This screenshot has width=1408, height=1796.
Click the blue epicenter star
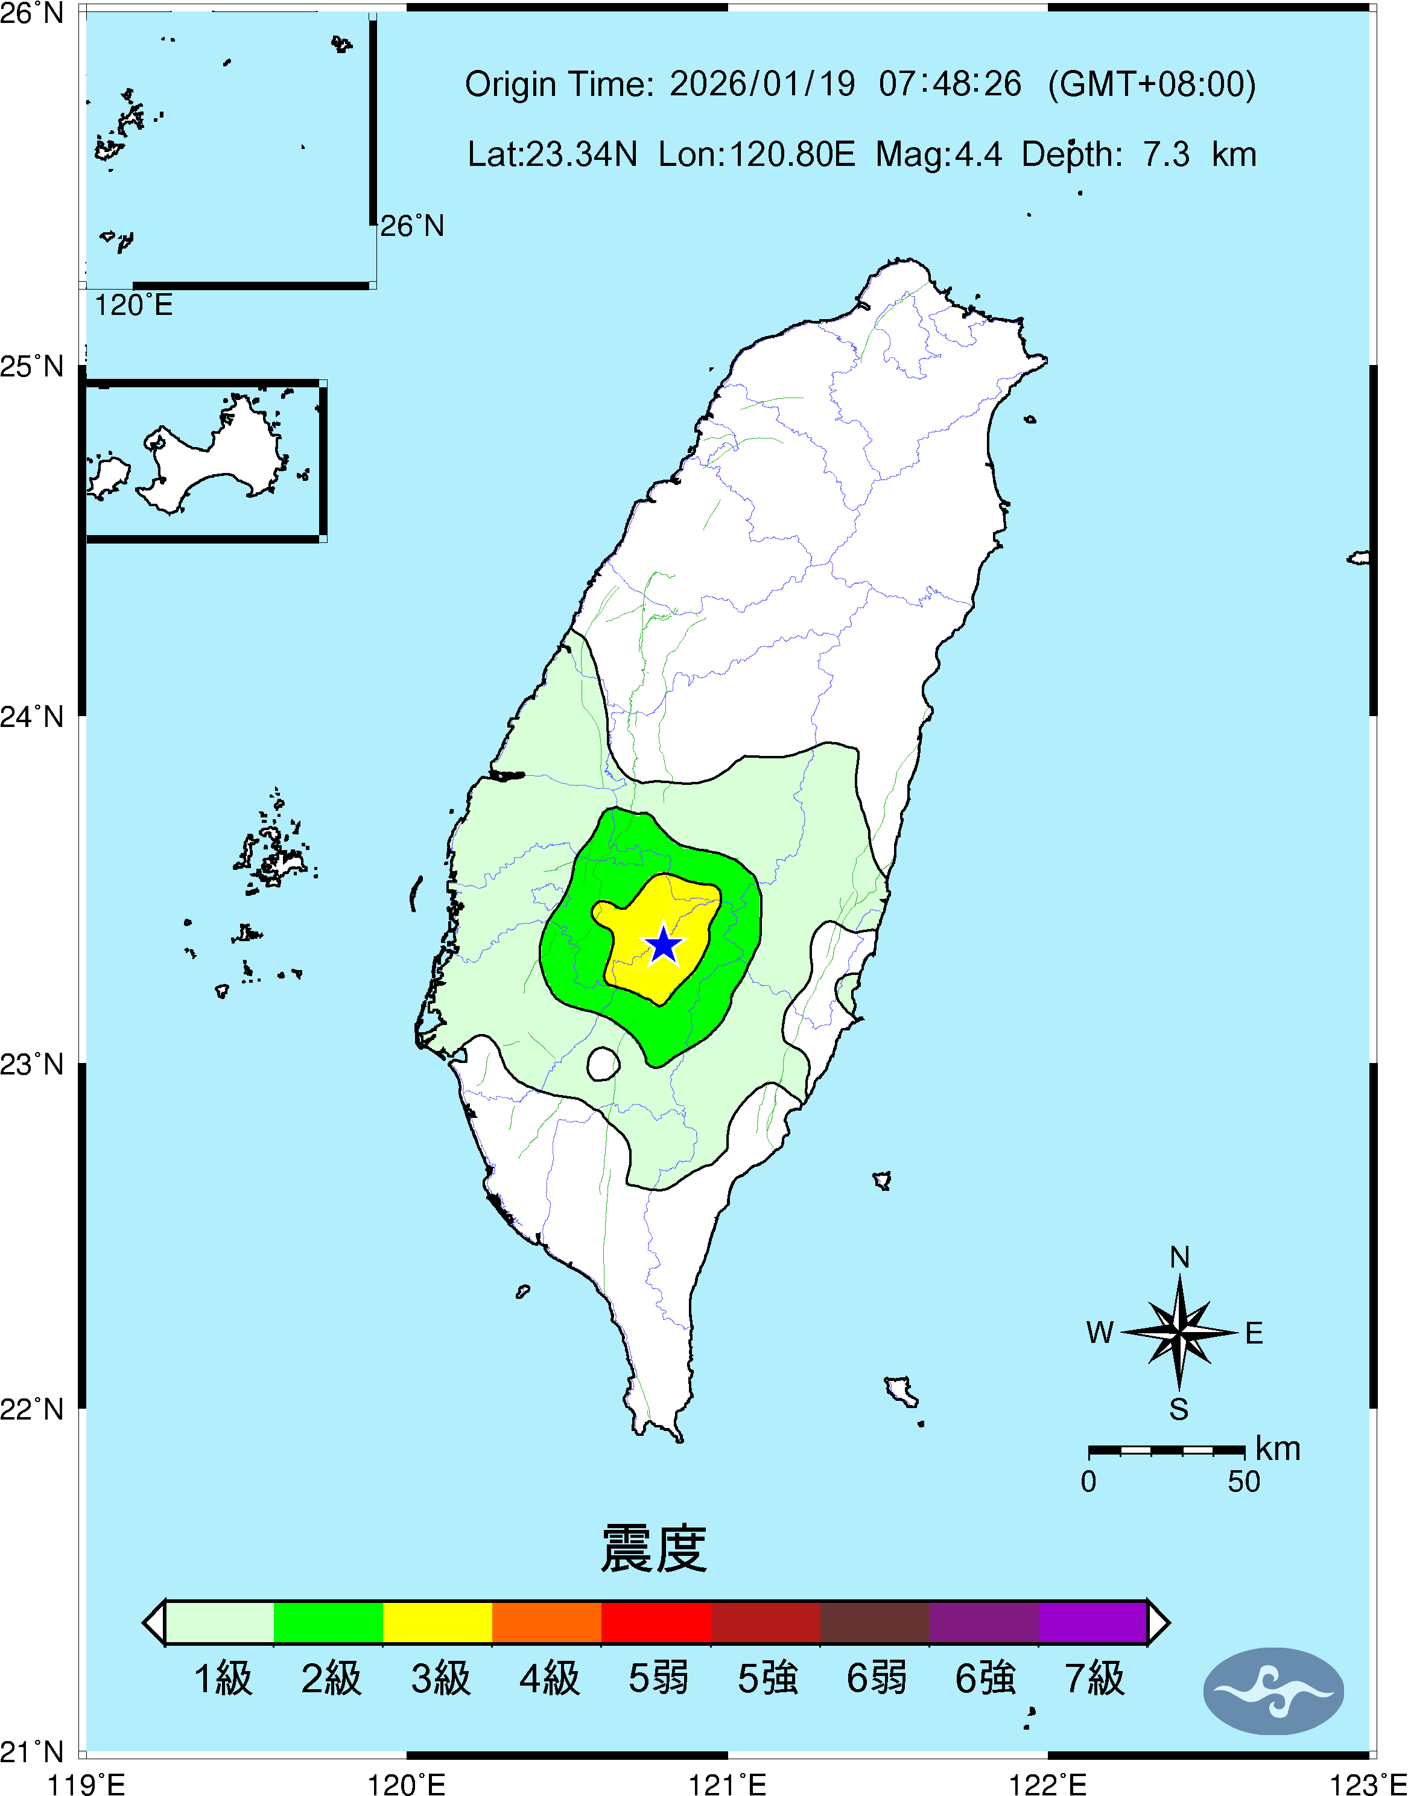pyautogui.click(x=664, y=945)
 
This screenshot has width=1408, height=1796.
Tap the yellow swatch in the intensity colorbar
pyautogui.click(x=438, y=1622)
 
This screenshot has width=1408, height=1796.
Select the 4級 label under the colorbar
pyautogui.click(x=549, y=1678)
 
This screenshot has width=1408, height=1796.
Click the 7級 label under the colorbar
pyautogui.click(x=1094, y=1678)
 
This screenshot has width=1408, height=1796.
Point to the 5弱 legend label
pyautogui.click(x=658, y=1678)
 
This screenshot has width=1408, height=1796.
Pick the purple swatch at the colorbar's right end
pyautogui.click(x=1092, y=1622)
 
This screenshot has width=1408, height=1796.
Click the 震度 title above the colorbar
pyautogui.click(x=654, y=1549)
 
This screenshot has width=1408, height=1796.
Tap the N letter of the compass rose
pyautogui.click(x=1179, y=1258)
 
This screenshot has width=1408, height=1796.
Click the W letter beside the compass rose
pyautogui.click(x=1100, y=1333)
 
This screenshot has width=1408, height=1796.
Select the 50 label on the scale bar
pyautogui.click(x=1244, y=1482)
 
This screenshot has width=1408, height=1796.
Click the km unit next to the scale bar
pyautogui.click(x=1278, y=1449)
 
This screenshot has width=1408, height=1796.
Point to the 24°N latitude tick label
pyautogui.click(x=31, y=716)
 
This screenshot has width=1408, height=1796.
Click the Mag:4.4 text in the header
pyautogui.click(x=939, y=154)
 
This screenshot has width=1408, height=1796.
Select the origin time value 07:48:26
pyautogui.click(x=950, y=84)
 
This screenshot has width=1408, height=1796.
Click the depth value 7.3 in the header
pyautogui.click(x=1165, y=154)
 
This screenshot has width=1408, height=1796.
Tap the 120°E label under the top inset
pyautogui.click(x=133, y=306)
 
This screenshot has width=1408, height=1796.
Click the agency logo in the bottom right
pyautogui.click(x=1273, y=1691)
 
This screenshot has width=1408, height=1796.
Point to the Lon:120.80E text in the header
pyautogui.click(x=756, y=154)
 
